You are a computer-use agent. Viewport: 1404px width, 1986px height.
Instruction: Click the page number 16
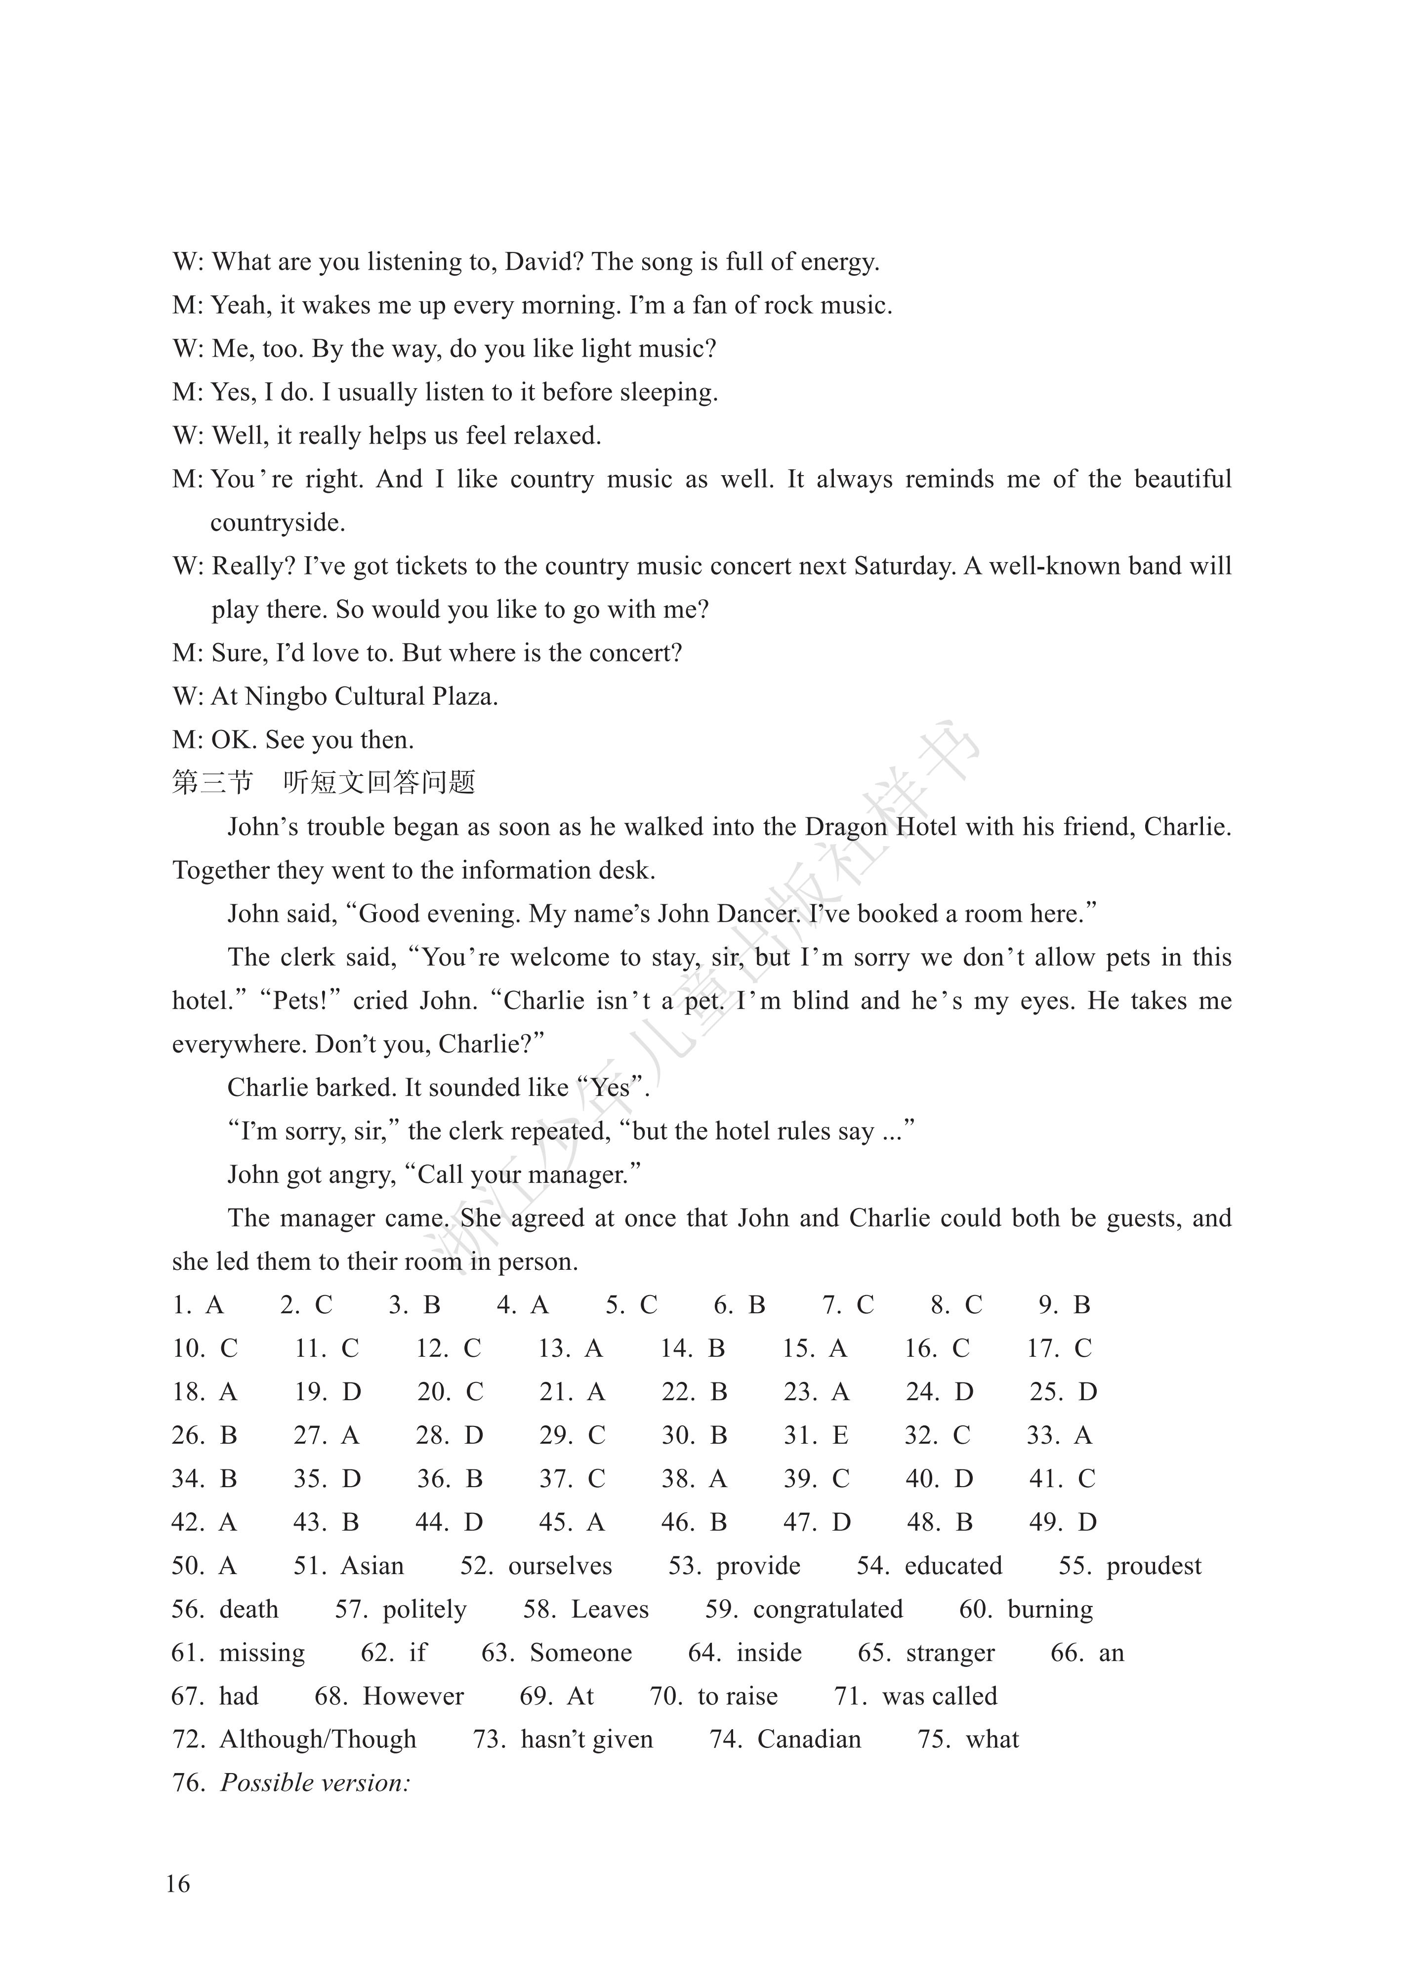[x=178, y=1883]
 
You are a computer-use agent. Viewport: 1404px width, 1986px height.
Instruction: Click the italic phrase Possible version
[x=315, y=1783]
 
